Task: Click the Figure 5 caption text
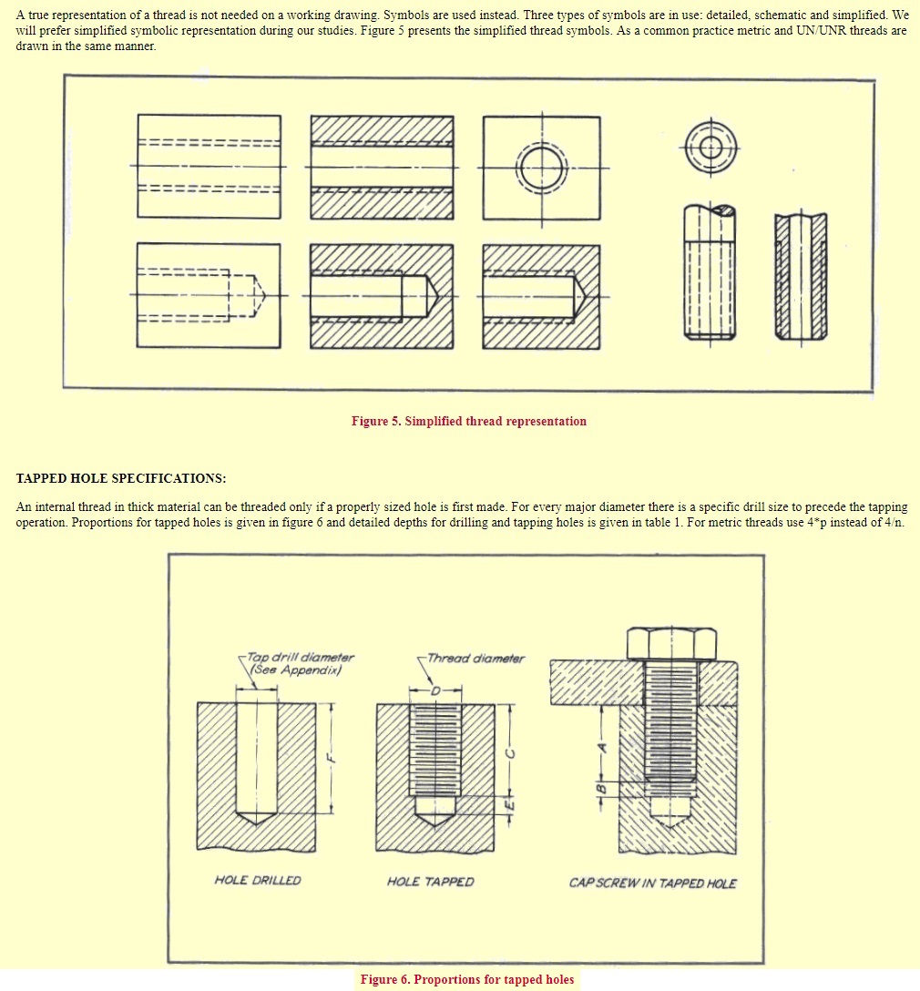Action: (469, 421)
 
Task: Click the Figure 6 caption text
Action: (467, 979)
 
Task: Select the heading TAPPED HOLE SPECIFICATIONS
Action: (121, 478)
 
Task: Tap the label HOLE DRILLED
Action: (258, 881)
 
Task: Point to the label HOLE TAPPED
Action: (430, 881)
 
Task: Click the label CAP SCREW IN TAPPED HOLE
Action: (652, 883)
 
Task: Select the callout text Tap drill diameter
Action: (301, 657)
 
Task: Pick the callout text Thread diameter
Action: (475, 659)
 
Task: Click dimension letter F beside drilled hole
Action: (332, 755)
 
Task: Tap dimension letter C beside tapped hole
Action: (511, 752)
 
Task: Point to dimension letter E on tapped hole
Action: (510, 805)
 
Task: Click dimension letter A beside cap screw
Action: (600, 746)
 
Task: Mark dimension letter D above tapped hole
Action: (435, 691)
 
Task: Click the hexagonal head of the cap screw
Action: (671, 642)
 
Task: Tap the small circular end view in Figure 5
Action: (711, 147)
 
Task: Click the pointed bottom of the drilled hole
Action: (257, 817)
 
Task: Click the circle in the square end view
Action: (541, 168)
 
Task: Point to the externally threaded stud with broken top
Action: (709, 272)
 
